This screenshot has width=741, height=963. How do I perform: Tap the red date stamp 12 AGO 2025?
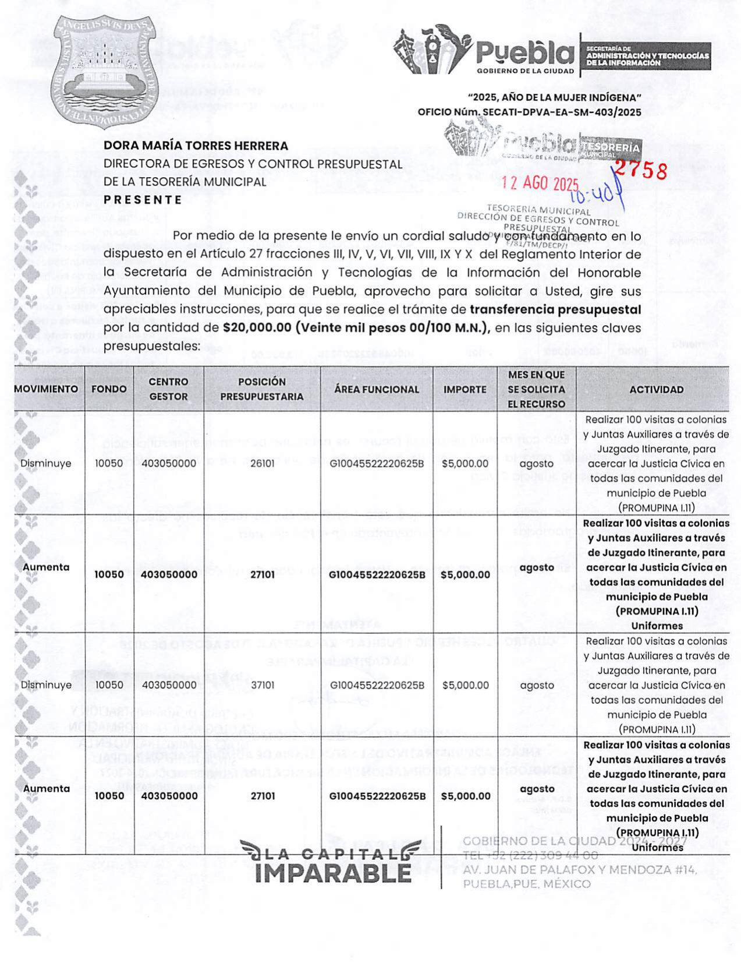540,183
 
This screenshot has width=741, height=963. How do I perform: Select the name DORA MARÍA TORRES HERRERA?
196,146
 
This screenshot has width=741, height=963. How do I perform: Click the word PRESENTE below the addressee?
143,200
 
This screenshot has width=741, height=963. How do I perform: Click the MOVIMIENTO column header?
46,389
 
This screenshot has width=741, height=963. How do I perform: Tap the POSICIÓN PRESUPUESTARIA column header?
262,389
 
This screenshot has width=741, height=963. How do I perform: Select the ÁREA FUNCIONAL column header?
377,389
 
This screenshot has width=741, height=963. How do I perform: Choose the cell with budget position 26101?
262,464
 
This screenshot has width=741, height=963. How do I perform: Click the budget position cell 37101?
263,685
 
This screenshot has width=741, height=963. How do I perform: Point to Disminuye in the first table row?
46,464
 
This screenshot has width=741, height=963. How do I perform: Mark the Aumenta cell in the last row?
46,789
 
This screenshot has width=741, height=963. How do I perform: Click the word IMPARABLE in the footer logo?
333,873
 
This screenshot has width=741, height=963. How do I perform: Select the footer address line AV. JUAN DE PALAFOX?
579,870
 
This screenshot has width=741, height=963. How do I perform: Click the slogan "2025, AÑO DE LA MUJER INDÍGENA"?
554,97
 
